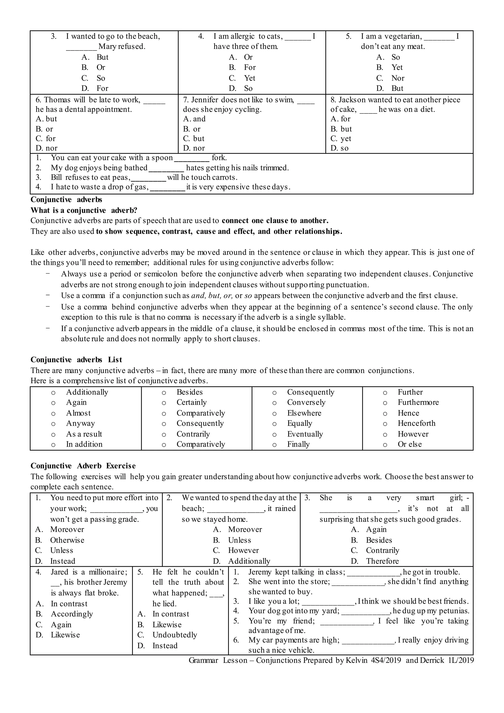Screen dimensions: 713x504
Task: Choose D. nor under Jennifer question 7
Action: tap(194, 148)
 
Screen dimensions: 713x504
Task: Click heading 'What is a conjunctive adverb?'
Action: tap(84, 210)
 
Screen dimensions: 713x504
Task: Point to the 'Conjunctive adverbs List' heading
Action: tap(76, 360)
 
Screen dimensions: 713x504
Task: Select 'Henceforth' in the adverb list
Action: tap(416, 423)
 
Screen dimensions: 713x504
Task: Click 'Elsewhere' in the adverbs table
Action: tap(304, 413)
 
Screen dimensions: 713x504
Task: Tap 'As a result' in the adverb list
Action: tap(84, 434)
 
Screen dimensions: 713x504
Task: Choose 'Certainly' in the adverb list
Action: tap(191, 403)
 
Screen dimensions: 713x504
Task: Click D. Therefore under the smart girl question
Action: tap(382, 561)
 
